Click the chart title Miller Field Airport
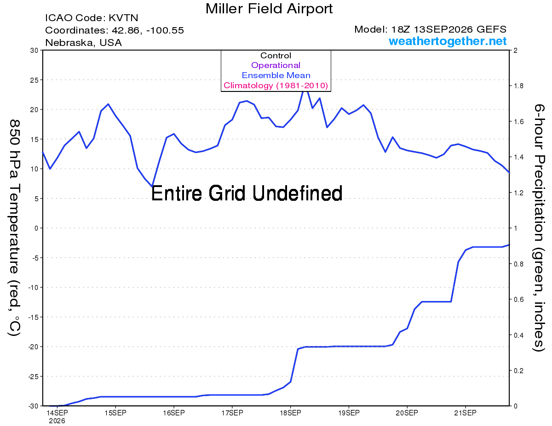point(269,9)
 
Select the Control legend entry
point(276,56)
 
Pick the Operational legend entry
point(276,65)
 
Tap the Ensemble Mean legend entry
point(276,75)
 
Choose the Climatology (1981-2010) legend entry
point(276,85)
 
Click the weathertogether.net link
point(448,41)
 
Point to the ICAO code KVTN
point(123,18)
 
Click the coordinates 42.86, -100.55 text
point(148,30)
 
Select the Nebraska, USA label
point(84,43)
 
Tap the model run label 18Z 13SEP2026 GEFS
point(448,29)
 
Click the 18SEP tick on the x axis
point(290,413)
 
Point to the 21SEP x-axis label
point(466,413)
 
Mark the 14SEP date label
point(57,413)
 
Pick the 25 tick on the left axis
point(34,80)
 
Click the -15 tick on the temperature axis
point(33,317)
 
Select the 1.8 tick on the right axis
point(519,86)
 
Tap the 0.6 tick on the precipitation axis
point(519,300)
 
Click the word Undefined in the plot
point(298,193)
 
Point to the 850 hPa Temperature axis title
point(14,228)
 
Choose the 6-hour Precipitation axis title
point(539,227)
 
